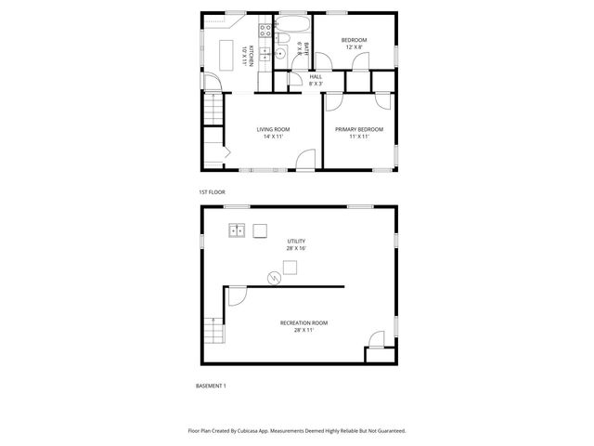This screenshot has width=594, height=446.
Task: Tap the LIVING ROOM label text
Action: tap(273, 129)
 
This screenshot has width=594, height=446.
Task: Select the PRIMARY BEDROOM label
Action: tap(359, 129)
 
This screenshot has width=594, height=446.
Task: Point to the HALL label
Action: tap(316, 76)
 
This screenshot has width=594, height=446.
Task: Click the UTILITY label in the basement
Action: tap(296, 241)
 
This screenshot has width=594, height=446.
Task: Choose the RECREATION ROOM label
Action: tap(303, 322)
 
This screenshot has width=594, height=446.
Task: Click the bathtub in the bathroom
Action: tap(294, 23)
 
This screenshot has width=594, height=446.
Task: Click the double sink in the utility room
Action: tap(238, 230)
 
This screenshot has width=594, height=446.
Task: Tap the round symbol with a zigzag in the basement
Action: tap(275, 276)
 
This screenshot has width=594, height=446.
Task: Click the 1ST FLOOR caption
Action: tap(211, 192)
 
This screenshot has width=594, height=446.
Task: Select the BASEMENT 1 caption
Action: tap(211, 386)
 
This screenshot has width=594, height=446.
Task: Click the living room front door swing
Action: tap(303, 162)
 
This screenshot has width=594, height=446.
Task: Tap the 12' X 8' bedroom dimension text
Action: tap(354, 47)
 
